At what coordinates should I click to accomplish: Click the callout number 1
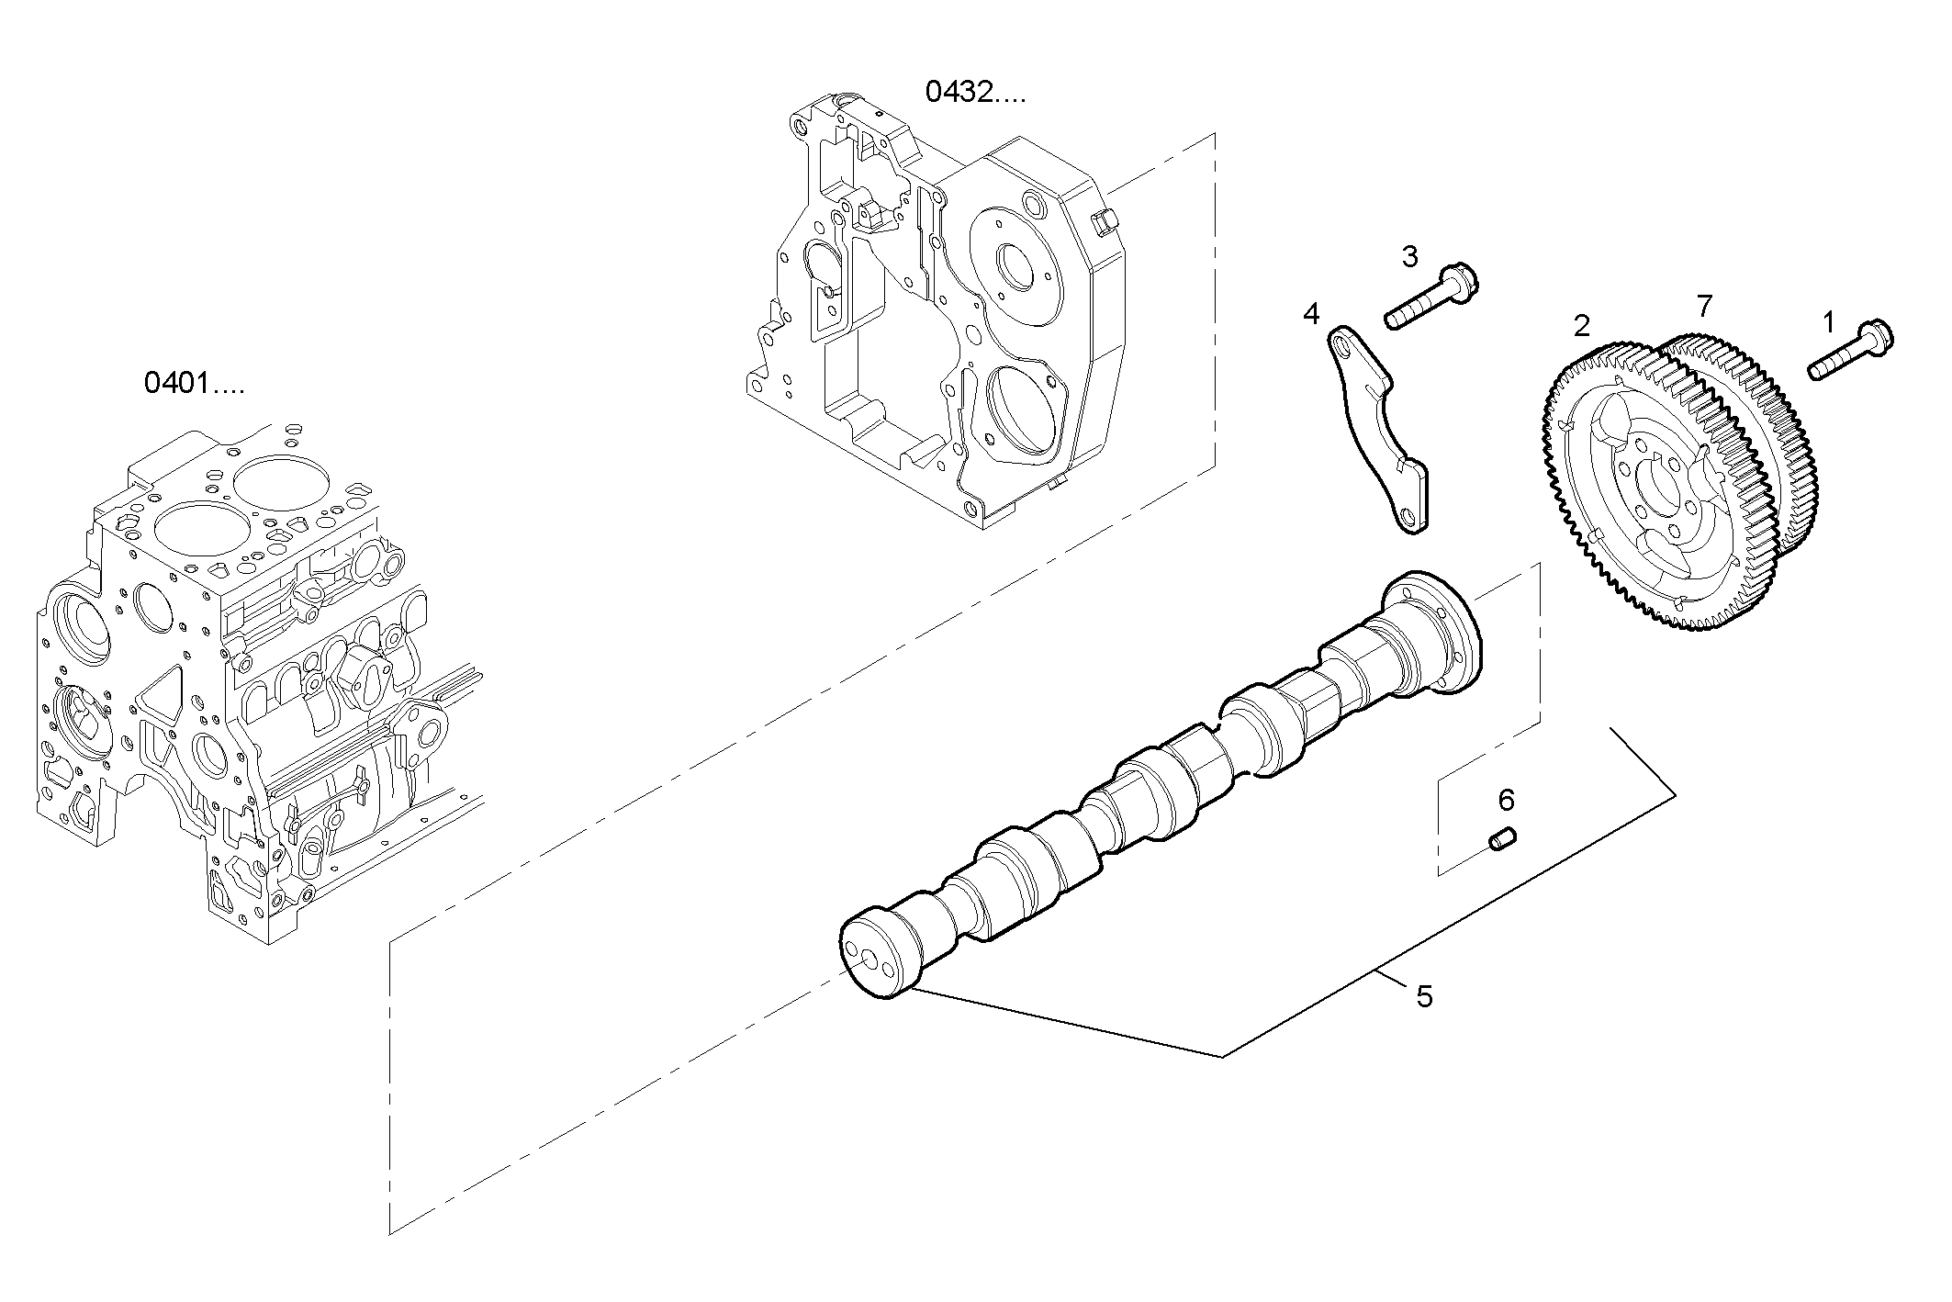1827,322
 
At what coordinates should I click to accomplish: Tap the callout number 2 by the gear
1581,325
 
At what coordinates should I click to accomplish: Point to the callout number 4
1310,315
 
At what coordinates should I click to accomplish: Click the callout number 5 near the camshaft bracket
1424,996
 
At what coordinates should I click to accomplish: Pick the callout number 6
1506,800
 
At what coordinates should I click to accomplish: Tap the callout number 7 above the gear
1704,305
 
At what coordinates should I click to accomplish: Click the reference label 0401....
194,383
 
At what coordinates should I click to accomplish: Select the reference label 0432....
975,92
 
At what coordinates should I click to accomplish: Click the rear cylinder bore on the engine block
280,484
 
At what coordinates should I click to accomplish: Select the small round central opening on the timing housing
1018,266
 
